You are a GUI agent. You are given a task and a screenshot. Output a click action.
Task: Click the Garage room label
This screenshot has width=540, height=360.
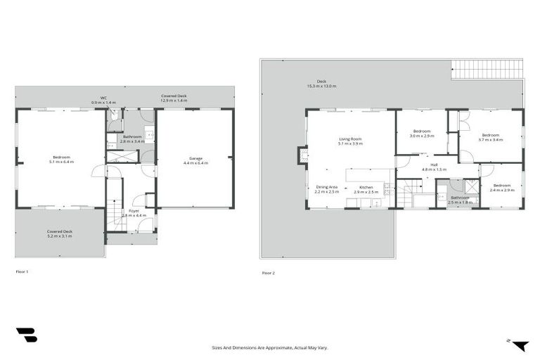pyautogui.click(x=196, y=158)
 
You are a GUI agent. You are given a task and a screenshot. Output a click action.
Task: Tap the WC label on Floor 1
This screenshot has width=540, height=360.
pyautogui.click(x=103, y=98)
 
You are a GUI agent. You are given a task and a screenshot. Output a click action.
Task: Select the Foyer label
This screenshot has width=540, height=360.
pyautogui.click(x=133, y=210)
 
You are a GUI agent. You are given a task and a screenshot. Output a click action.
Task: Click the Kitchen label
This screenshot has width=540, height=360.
pyautogui.click(x=364, y=187)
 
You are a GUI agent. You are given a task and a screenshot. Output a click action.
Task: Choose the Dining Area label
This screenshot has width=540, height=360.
pyautogui.click(x=326, y=187)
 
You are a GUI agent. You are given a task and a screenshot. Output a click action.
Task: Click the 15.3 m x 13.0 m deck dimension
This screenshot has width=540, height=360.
pyautogui.click(x=321, y=86)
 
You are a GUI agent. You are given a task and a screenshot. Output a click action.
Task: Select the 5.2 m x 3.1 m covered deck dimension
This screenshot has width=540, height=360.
pyautogui.click(x=60, y=236)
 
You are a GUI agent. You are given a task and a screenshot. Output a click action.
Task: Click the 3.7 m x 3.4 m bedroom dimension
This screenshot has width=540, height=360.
pyautogui.click(x=490, y=139)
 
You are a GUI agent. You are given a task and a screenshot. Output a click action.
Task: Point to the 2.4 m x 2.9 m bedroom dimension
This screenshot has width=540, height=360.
pyautogui.click(x=502, y=190)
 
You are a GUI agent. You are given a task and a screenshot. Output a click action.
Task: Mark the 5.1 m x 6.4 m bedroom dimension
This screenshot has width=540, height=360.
pyautogui.click(x=62, y=162)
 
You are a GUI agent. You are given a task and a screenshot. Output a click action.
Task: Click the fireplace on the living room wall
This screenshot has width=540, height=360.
pyautogui.click(x=302, y=155)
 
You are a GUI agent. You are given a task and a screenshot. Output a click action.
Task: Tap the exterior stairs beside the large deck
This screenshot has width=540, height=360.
pyautogui.click(x=487, y=69)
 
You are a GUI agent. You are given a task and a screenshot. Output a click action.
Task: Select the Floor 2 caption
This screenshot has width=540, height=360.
pyautogui.click(x=268, y=273)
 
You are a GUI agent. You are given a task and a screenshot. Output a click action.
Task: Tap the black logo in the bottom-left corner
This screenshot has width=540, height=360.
pyautogui.click(x=26, y=335)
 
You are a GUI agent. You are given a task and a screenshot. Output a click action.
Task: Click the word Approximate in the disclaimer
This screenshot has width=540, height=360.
pyautogui.click(x=276, y=347)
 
